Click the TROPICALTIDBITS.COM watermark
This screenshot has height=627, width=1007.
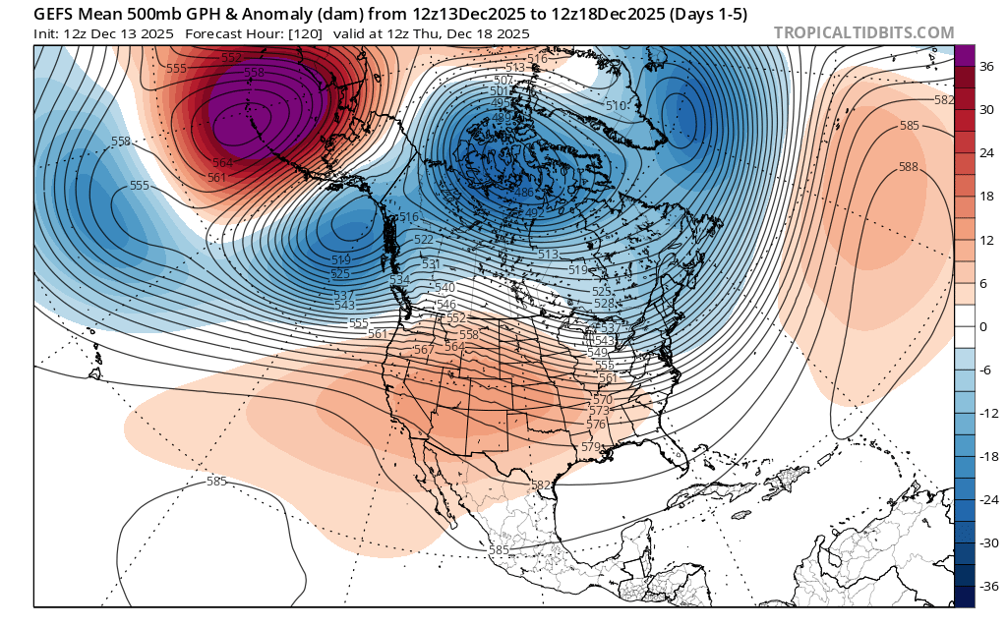tap(863, 32)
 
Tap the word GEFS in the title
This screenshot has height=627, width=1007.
tap(55, 15)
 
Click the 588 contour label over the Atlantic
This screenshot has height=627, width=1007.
tap(908, 167)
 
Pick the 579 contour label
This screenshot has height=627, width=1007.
tap(590, 446)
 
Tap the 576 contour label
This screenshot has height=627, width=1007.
tap(596, 425)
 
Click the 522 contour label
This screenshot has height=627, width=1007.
tap(424, 240)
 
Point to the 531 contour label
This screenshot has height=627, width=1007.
tap(431, 264)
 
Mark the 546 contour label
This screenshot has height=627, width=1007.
tap(445, 305)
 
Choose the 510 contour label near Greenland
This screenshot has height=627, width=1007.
tap(616, 106)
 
